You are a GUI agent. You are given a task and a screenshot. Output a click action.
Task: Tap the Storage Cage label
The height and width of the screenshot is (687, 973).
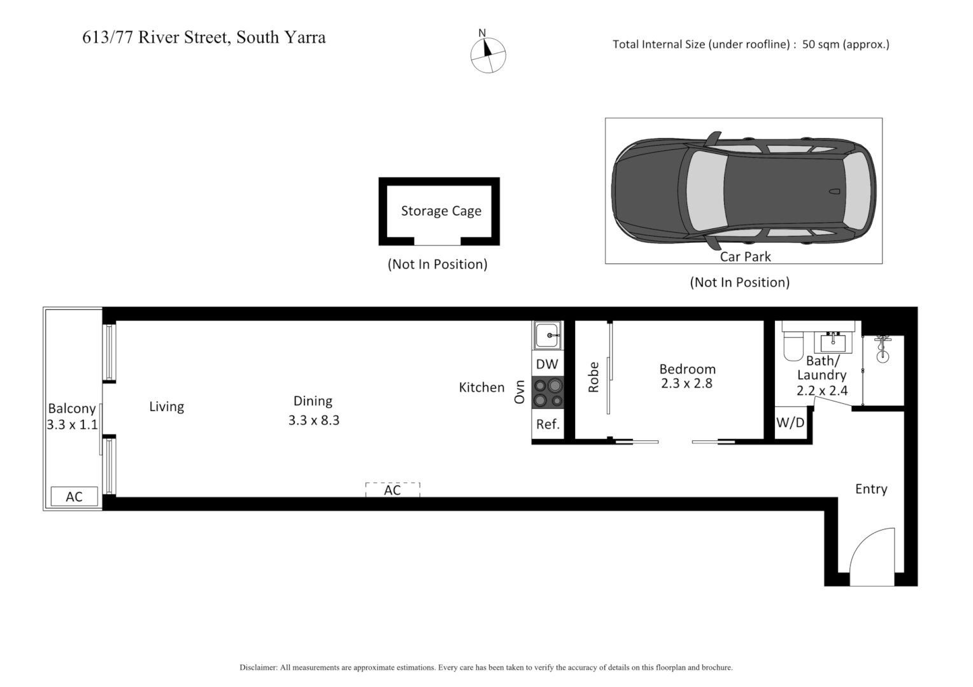coord(441,211)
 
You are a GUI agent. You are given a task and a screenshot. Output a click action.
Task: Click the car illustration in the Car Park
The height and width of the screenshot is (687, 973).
coord(742,191)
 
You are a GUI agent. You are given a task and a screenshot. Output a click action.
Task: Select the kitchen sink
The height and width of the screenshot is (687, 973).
coord(547,335)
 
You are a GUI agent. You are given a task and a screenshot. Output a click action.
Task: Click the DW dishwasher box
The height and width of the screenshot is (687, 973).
coord(547,364)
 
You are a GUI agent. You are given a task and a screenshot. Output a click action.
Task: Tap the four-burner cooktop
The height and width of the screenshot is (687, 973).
coord(548,392)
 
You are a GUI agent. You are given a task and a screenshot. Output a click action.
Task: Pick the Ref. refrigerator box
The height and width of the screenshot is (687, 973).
coord(548,424)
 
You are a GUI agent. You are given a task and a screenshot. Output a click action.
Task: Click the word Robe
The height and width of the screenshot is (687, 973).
coord(593,377)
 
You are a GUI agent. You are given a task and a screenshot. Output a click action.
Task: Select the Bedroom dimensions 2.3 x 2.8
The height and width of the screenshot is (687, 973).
coord(686,384)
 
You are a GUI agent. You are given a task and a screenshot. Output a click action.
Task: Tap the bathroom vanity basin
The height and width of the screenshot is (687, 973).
coord(832,343)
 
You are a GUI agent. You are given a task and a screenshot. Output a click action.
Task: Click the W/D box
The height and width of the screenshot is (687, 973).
coord(790,423)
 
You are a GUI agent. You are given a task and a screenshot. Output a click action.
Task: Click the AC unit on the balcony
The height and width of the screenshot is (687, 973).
coord(75,497)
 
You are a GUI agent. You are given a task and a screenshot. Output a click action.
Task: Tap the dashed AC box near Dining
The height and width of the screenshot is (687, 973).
coord(392,490)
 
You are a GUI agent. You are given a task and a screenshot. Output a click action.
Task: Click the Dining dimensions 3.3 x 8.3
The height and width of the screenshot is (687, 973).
coord(314,420)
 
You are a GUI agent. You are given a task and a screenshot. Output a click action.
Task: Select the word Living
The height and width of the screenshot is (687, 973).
coord(167,406)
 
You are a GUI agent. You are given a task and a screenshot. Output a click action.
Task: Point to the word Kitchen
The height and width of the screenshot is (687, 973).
coord(481,387)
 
